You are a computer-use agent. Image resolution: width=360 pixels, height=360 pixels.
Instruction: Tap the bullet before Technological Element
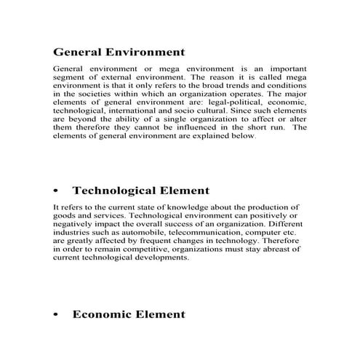56,191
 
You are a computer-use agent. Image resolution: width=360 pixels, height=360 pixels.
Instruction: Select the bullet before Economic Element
56,315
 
